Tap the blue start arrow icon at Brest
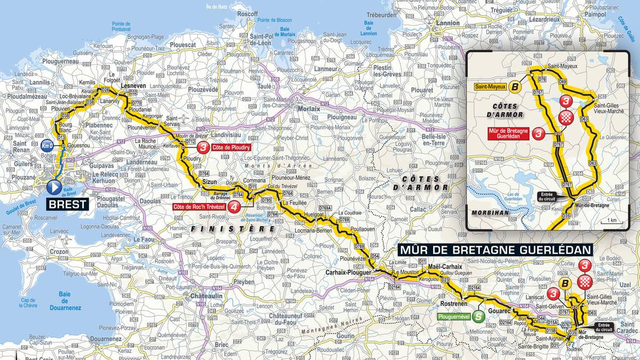pos(54,187)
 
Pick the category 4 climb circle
pos(233,207)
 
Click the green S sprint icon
pos(479,316)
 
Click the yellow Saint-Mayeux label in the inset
pos(487,87)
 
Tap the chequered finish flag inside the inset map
pos(566,117)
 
